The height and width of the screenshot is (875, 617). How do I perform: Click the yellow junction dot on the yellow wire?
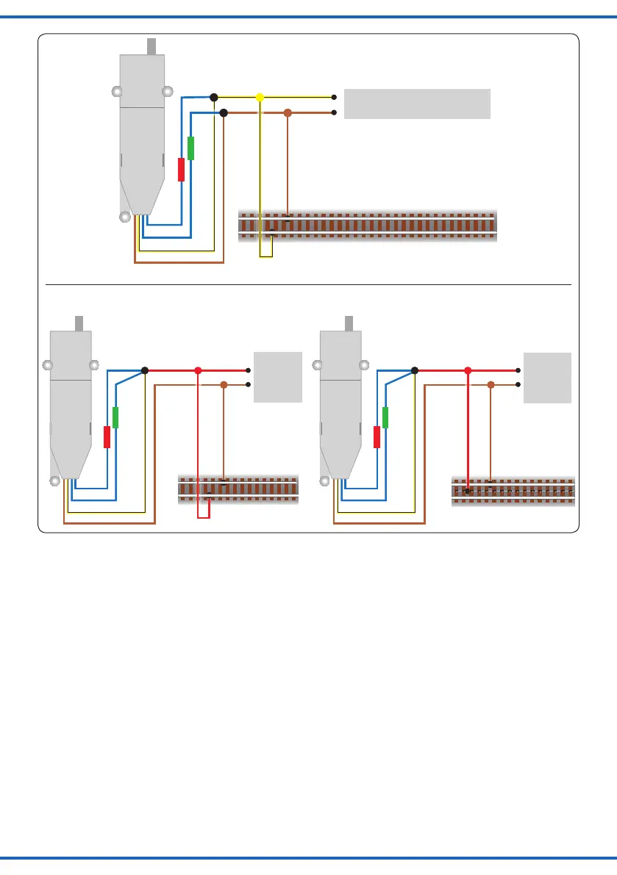(259, 97)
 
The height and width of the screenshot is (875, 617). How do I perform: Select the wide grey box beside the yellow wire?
(417, 104)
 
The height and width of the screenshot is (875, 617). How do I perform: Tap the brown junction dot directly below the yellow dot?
(288, 113)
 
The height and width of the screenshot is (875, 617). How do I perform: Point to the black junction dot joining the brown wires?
(224, 112)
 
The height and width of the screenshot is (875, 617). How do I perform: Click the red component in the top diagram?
(181, 170)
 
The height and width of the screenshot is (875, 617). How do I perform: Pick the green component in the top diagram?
(190, 148)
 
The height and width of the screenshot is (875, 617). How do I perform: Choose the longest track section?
(367, 226)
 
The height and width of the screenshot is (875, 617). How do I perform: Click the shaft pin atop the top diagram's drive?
(153, 46)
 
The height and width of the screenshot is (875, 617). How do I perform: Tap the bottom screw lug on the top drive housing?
(125, 217)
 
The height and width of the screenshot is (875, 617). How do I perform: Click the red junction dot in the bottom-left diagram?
(197, 371)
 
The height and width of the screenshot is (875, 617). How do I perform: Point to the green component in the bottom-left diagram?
(115, 417)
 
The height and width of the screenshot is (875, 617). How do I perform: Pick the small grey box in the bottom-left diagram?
(277, 377)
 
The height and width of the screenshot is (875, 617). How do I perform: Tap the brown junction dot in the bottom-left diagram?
(224, 384)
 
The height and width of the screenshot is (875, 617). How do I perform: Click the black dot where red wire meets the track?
(467, 491)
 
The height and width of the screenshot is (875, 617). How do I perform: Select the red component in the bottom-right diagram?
(377, 437)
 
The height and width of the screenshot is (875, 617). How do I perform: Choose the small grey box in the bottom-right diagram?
(547, 377)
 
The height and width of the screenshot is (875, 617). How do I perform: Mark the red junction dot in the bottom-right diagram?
(467, 371)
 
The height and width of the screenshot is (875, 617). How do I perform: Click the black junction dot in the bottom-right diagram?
(415, 371)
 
